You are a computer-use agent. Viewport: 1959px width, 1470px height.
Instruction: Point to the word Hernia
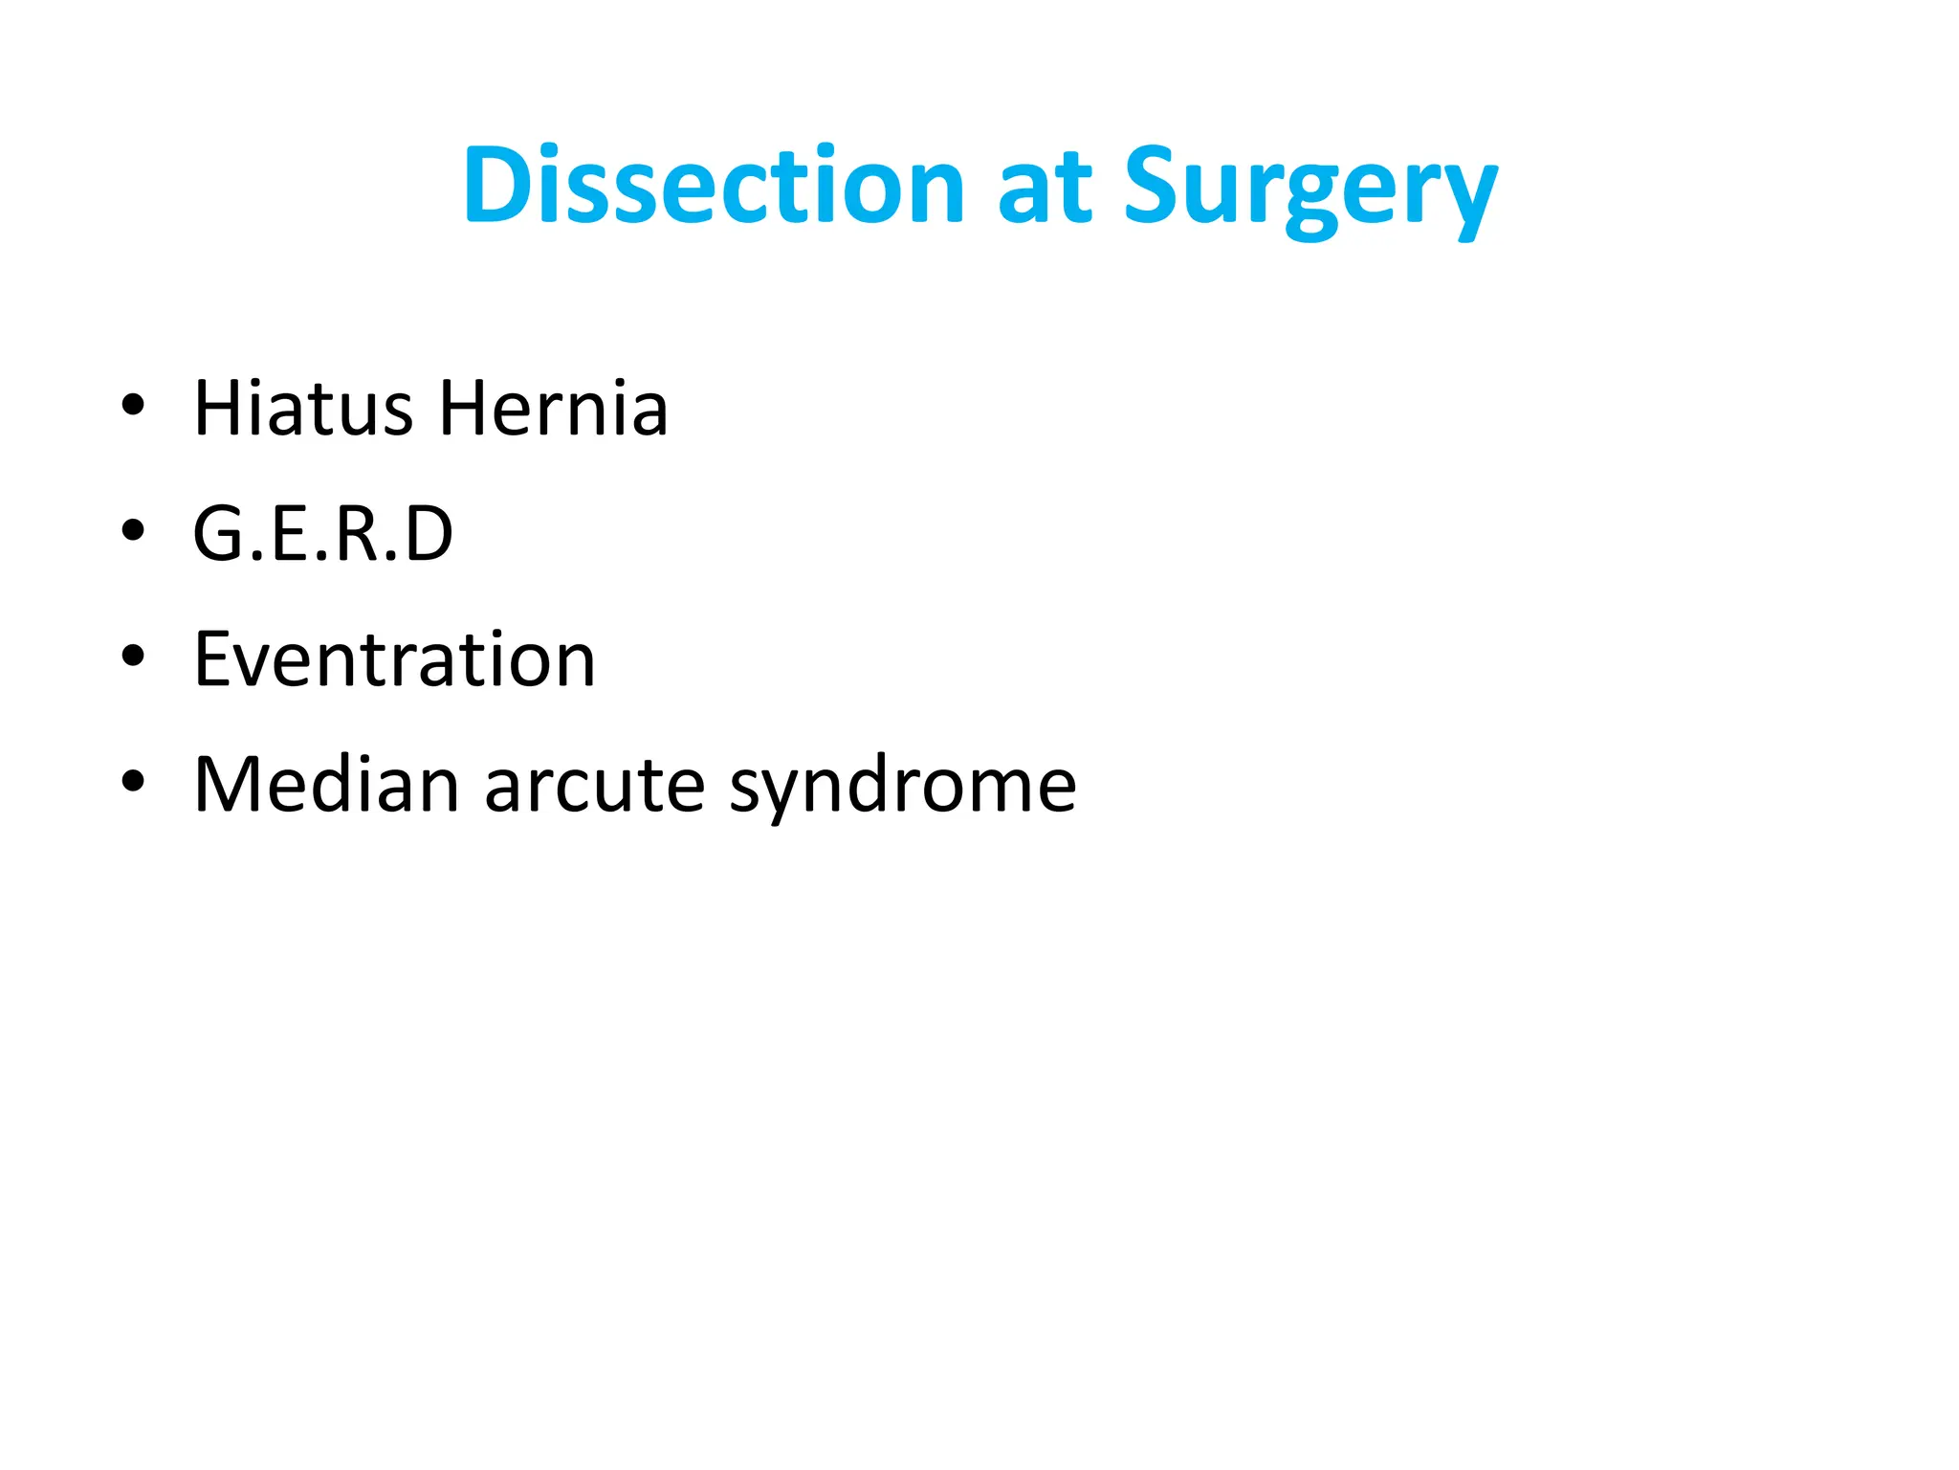pos(553,409)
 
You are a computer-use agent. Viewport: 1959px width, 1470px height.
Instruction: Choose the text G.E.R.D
pos(322,534)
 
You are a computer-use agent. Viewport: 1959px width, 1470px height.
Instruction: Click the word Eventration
pos(394,659)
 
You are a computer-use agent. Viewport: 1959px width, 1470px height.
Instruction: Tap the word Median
pos(326,785)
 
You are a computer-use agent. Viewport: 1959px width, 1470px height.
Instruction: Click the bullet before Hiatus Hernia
pos(133,406)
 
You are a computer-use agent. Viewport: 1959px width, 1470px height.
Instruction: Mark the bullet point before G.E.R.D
pos(133,530)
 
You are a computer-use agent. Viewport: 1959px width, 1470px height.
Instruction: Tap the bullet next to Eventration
pos(133,657)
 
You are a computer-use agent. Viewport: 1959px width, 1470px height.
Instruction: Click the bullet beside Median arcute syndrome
pos(133,781)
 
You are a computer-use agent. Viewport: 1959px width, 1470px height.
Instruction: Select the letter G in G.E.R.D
pos(217,534)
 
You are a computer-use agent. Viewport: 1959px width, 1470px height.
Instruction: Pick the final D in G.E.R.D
pos(428,534)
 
